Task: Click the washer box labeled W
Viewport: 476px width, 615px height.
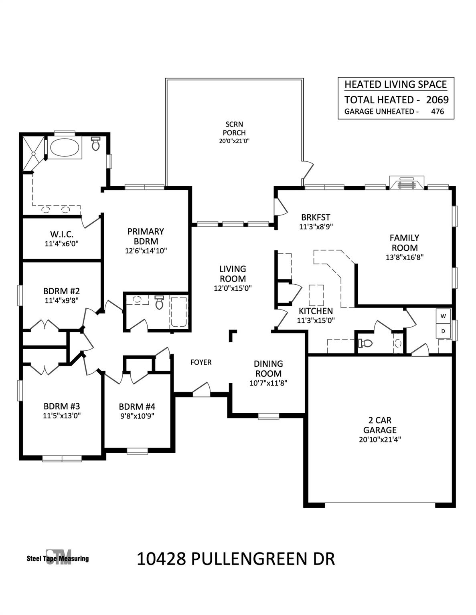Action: (444, 316)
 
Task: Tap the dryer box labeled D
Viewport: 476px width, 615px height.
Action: (444, 331)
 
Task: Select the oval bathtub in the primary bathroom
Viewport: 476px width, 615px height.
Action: (65, 147)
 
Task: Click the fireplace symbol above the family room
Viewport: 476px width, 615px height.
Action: (407, 183)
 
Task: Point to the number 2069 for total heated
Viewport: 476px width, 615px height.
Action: (438, 100)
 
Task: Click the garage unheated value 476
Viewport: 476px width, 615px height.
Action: (438, 112)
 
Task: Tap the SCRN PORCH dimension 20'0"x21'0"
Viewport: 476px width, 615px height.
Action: (234, 141)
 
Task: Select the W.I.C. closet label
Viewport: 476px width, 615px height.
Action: (62, 234)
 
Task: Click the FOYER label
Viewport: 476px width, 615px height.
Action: (201, 362)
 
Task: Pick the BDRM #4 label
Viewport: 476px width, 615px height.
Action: (137, 407)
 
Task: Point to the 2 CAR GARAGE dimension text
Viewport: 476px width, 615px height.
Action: (380, 440)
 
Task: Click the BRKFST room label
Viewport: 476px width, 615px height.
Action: (316, 217)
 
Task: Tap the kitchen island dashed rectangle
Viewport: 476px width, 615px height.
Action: (316, 295)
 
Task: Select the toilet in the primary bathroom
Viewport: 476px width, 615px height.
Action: (96, 144)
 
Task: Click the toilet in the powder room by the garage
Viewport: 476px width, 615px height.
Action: (365, 343)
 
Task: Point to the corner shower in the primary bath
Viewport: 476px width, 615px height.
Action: (34, 154)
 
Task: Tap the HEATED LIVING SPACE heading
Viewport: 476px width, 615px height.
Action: (395, 84)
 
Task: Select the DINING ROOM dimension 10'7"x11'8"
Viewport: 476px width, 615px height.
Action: (268, 383)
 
